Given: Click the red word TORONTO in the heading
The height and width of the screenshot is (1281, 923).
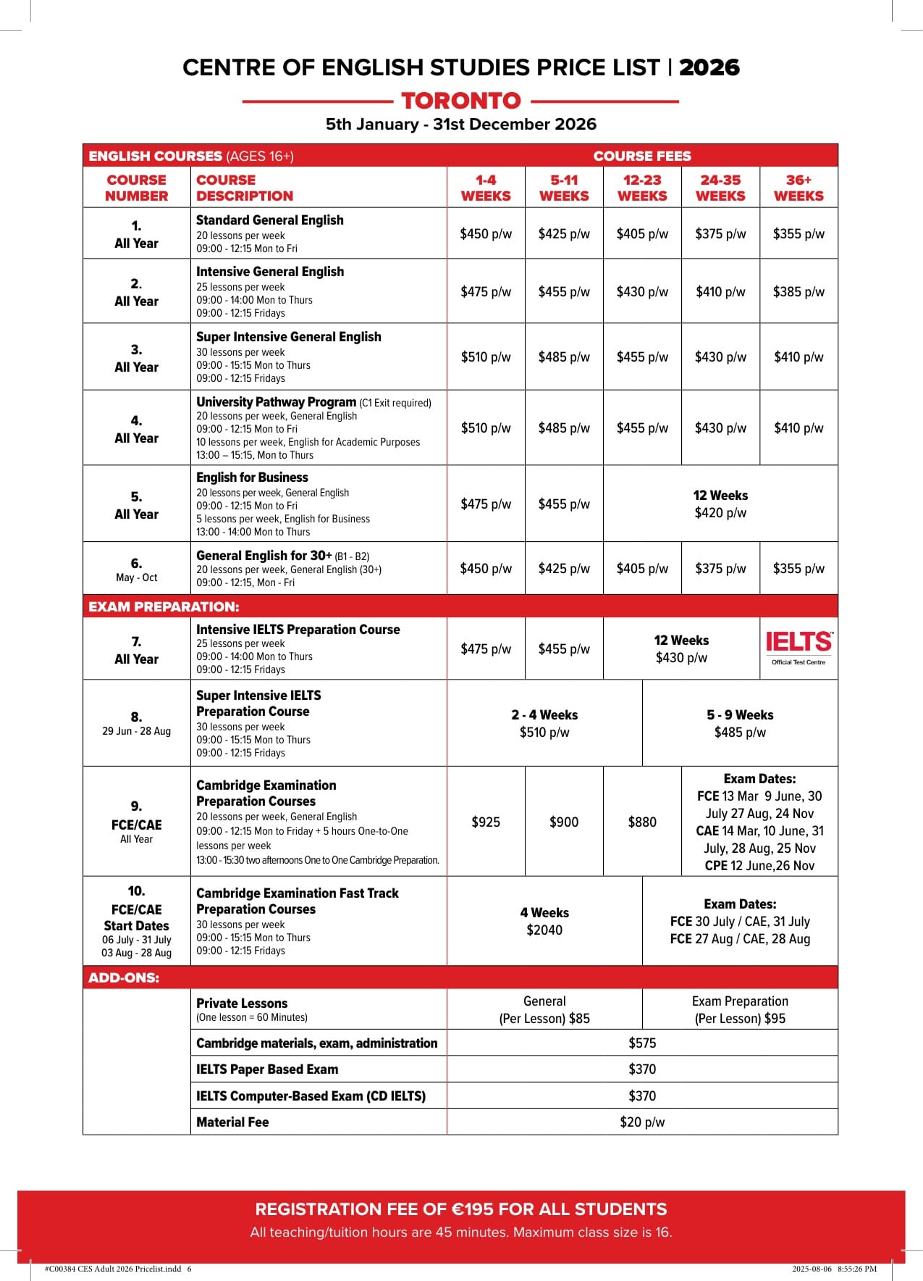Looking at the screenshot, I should pos(461,101).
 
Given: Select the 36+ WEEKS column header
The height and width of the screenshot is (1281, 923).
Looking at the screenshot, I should pos(798,188).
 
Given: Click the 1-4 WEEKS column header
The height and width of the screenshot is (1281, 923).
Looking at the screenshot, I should pos(486,188).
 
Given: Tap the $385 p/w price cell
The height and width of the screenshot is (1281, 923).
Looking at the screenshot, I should pos(798,292).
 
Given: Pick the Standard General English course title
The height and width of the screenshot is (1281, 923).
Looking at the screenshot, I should pos(270,220).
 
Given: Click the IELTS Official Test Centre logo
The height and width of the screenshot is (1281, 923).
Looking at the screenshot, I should pos(798,647).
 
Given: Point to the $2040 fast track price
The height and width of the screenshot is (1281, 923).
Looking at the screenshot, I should pos(544,930).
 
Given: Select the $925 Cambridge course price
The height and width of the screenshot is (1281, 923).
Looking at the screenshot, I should pos(486,822).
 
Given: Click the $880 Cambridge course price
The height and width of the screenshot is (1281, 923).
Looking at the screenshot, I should pos(642,822).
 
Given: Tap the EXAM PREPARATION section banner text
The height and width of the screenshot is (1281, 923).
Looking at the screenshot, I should pos(164,606).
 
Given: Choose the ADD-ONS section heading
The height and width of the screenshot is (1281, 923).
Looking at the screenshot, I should pos(124,978).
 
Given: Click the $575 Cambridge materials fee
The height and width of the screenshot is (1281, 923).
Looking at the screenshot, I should pos(642,1043).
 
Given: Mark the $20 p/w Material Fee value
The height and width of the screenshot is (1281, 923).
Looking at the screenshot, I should pos(642,1122).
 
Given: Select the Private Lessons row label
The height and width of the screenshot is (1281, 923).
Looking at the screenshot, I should pos(242,1003).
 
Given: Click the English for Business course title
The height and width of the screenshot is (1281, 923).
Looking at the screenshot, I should pos(252,477).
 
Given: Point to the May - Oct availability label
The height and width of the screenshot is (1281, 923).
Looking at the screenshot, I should pos(136,577).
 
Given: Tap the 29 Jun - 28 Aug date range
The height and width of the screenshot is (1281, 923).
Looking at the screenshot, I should pos(136,731).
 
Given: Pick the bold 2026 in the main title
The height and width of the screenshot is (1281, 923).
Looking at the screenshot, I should pos(709,67).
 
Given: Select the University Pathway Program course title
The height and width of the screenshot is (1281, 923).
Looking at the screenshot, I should pos(276,402).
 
